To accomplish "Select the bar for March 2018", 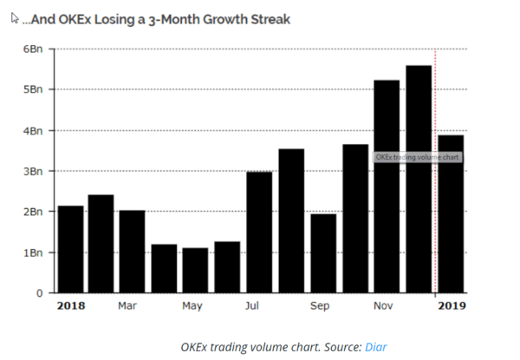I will click(x=133, y=251).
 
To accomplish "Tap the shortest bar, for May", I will click(x=195, y=271).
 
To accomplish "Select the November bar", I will click(x=386, y=186).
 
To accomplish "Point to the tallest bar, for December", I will click(x=418, y=179).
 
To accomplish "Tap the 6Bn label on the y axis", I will click(x=33, y=49).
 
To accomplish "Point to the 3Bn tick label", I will click(x=33, y=171).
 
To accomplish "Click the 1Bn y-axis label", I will click(x=33, y=252).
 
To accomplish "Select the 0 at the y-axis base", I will click(x=39, y=293).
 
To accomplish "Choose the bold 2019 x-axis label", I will click(x=451, y=306).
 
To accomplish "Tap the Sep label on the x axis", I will click(x=321, y=306).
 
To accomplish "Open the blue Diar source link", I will click(x=375, y=347).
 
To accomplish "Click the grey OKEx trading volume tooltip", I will click(x=417, y=157).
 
